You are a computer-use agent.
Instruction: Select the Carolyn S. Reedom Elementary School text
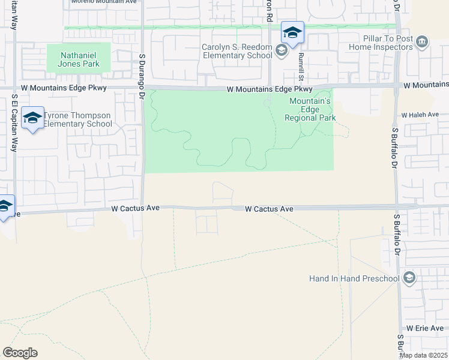coord(237,52)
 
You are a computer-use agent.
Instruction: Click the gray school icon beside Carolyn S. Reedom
coord(281,52)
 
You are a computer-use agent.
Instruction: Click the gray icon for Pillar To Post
coord(422,42)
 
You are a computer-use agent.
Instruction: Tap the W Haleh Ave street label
coord(420,115)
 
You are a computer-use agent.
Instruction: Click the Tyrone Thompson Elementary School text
coord(77,119)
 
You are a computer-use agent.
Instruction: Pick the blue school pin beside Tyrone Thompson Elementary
coord(32,118)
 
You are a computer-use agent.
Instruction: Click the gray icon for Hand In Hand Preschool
coord(409,278)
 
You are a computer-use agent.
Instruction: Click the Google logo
coord(20,353)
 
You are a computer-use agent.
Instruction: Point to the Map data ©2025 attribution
coord(423,355)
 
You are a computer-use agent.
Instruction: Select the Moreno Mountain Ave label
coord(104,2)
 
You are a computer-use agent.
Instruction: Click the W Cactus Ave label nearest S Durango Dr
coord(136,208)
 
